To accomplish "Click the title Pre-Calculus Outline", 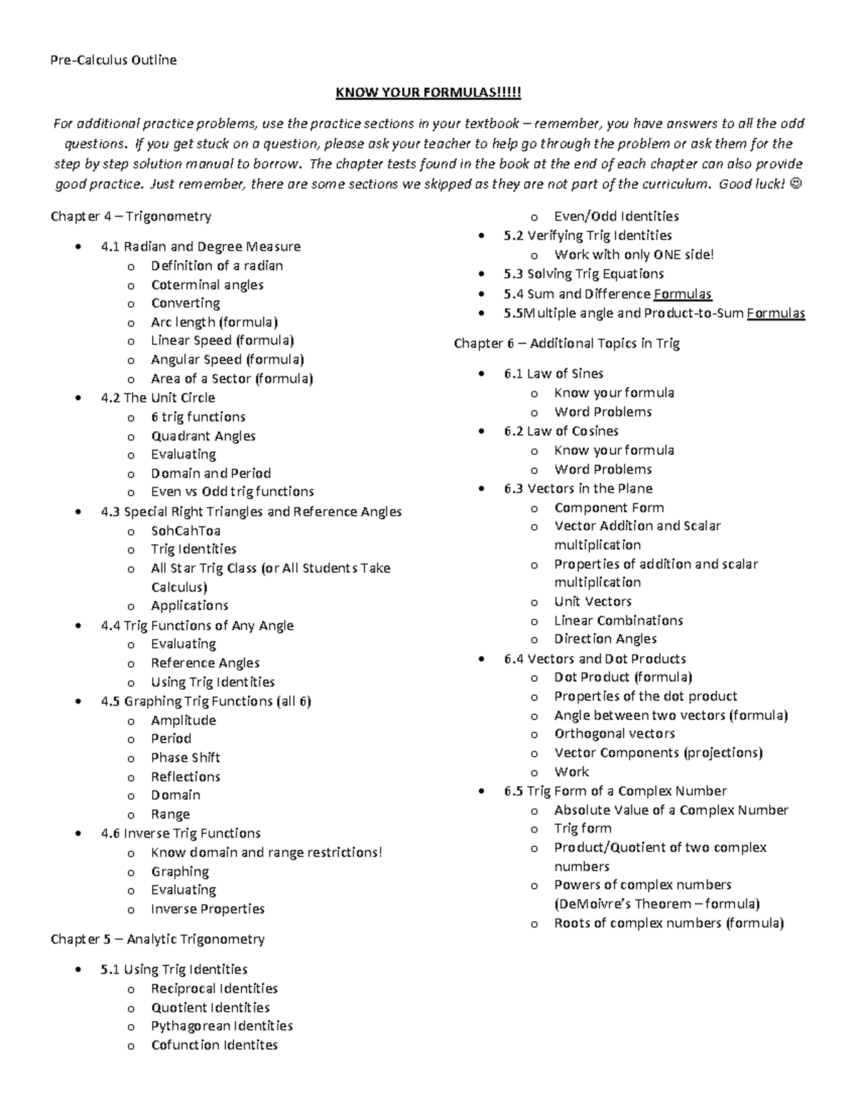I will tap(113, 60).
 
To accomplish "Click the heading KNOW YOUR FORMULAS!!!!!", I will tap(428, 93).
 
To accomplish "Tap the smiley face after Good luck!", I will tap(797, 184).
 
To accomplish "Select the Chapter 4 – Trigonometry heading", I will tap(131, 216).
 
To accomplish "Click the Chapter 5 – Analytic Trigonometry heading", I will tap(157, 939).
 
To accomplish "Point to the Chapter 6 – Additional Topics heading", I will tap(566, 343).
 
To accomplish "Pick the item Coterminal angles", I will tap(207, 285).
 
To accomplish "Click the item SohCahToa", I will tap(186, 531).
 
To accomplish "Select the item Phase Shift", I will tap(185, 758).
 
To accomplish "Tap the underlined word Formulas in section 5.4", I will tap(683, 294).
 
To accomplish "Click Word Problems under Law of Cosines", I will tap(603, 469).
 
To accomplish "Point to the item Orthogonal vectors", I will tap(614, 733).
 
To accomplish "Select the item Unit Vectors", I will tap(593, 601).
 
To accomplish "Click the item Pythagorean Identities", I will tap(221, 1026).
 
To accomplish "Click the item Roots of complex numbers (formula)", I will tap(668, 923).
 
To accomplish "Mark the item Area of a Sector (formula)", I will tap(231, 378).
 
